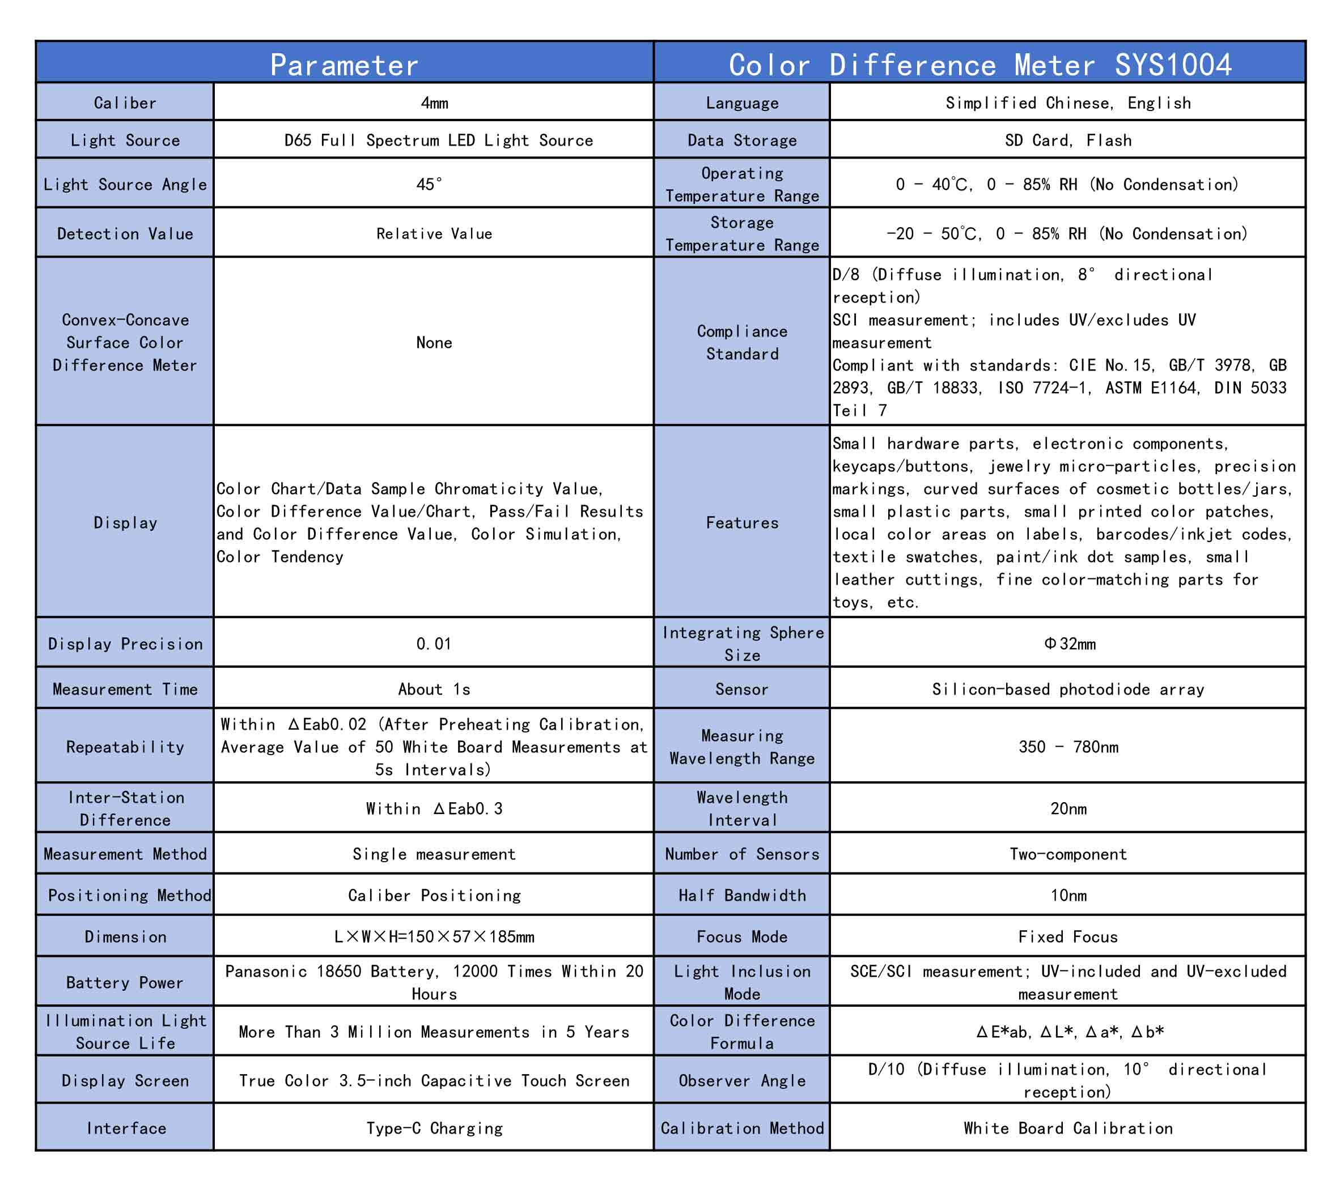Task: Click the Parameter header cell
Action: [344, 64]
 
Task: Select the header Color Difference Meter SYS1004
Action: [979, 64]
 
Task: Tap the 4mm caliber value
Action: [434, 103]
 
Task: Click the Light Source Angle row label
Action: [125, 184]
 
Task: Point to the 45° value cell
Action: [430, 184]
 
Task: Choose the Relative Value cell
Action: [434, 234]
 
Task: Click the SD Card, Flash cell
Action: [1068, 140]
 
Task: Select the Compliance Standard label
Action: [742, 342]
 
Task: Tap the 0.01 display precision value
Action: [434, 644]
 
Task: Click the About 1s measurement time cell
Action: [434, 689]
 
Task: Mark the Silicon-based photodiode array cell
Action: [1068, 689]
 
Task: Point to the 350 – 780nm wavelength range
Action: [1068, 747]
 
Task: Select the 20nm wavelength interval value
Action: [1068, 808]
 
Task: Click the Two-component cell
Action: [1068, 854]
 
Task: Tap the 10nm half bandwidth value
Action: [1068, 895]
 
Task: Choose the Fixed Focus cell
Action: [1068, 936]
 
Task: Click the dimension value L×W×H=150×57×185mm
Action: [434, 936]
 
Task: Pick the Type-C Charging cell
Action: [434, 1127]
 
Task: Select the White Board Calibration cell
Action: [1068, 1127]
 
